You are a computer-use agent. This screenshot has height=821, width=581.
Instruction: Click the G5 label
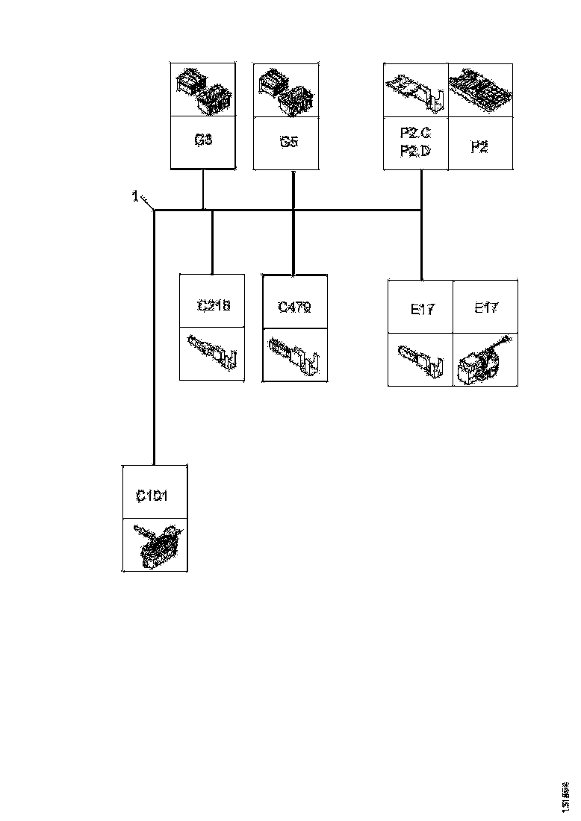289,142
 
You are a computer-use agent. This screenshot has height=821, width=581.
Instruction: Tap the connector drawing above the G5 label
287,90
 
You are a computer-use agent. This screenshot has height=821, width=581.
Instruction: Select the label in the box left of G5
204,140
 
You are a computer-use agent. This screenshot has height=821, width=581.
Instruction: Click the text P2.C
415,134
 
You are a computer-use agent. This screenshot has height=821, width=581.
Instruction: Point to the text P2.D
415,152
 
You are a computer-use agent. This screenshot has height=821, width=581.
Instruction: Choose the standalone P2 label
479,147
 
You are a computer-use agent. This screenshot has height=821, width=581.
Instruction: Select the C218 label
213,305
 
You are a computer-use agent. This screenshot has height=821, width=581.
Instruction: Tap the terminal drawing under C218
213,352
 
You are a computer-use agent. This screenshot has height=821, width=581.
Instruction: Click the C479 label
294,306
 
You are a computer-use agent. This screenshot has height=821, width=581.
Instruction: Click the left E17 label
422,309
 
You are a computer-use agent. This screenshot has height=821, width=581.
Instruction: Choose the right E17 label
486,308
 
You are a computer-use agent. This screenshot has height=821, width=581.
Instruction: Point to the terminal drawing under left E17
420,359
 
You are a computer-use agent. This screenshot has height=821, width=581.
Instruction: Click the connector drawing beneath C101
155,544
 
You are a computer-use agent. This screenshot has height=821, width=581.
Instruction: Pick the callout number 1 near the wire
135,196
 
